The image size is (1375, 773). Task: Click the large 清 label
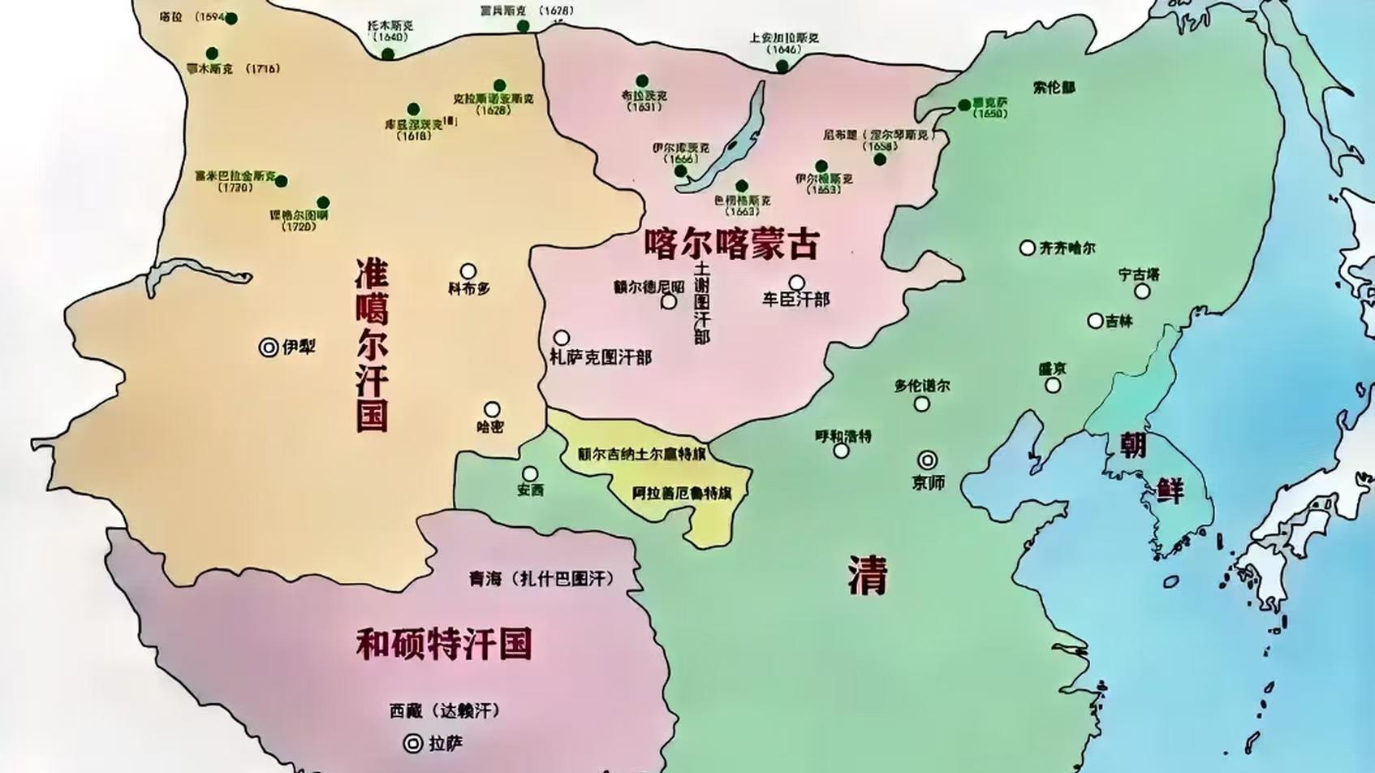pyautogui.click(x=868, y=575)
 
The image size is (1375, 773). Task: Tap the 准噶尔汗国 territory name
pyautogui.click(x=372, y=345)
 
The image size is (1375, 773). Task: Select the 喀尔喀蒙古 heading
pyautogui.click(x=732, y=243)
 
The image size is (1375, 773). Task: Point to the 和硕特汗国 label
pyautogui.click(x=444, y=643)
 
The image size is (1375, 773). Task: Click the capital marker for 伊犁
pyautogui.click(x=269, y=348)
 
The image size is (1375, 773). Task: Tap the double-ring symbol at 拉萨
pyautogui.click(x=413, y=743)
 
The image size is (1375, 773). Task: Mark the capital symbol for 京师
pyautogui.click(x=927, y=460)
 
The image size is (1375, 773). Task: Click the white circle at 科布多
pyautogui.click(x=468, y=271)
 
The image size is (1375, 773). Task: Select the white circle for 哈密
pyautogui.click(x=492, y=409)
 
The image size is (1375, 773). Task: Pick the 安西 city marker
pyautogui.click(x=530, y=473)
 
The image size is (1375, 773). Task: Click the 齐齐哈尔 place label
pyautogui.click(x=1067, y=248)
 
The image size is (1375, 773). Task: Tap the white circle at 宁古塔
pyautogui.click(x=1142, y=291)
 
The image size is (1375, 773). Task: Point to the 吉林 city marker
pyautogui.click(x=1095, y=321)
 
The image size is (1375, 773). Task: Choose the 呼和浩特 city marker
pyautogui.click(x=842, y=451)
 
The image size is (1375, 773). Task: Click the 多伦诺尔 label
pyautogui.click(x=922, y=386)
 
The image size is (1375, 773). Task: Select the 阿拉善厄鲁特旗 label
pyautogui.click(x=682, y=492)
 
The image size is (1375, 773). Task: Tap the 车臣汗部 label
pyautogui.click(x=795, y=300)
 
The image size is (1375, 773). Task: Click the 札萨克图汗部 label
pyautogui.click(x=601, y=357)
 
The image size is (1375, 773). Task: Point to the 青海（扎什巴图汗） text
pyautogui.click(x=541, y=578)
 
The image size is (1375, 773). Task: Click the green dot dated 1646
pyautogui.click(x=782, y=66)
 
